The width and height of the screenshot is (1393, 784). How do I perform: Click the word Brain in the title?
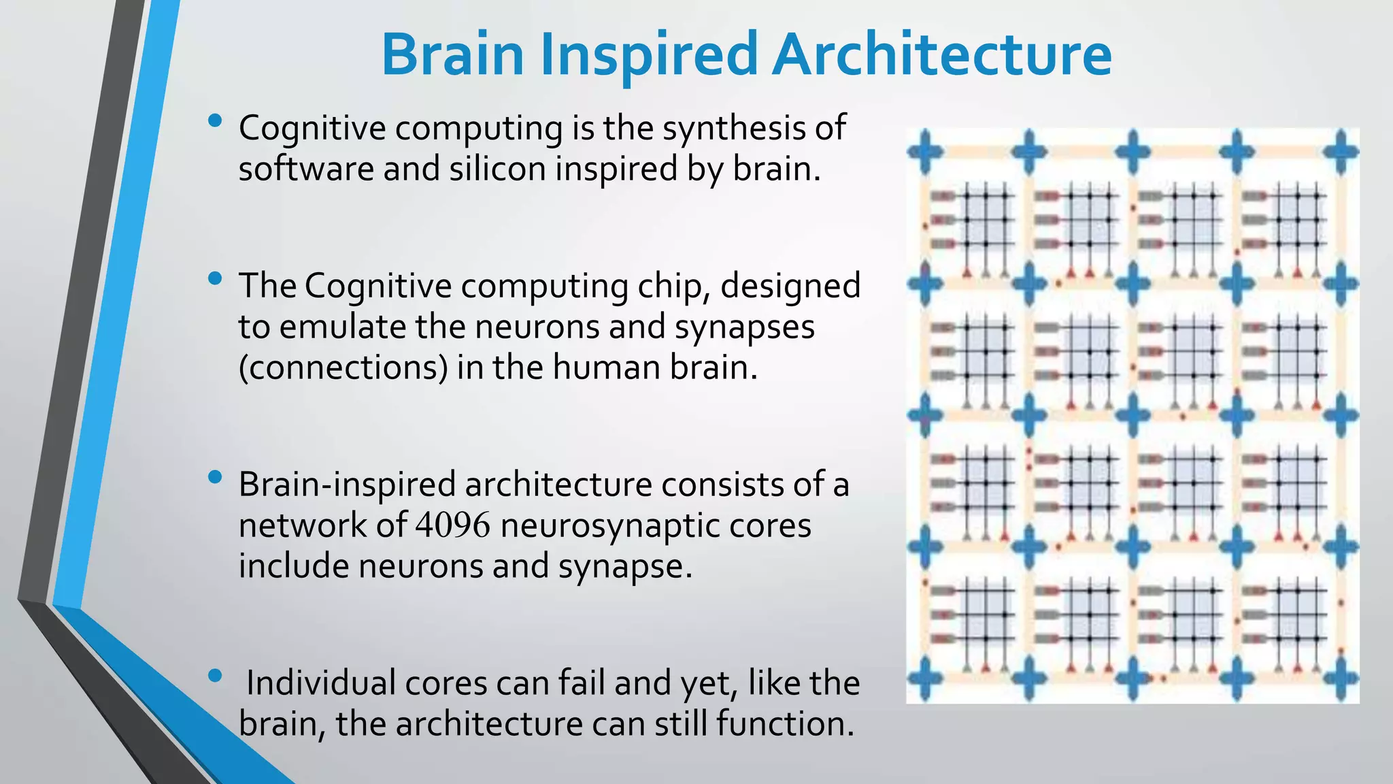[452, 54]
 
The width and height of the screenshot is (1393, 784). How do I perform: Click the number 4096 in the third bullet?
[452, 526]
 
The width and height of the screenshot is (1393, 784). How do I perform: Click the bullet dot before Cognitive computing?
[216, 122]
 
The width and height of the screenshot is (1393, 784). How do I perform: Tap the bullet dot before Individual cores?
[216, 676]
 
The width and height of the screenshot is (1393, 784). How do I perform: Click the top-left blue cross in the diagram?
[926, 150]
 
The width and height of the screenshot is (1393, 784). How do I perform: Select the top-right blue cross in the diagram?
[1341, 150]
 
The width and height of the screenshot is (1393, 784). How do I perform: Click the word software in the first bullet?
[305, 169]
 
